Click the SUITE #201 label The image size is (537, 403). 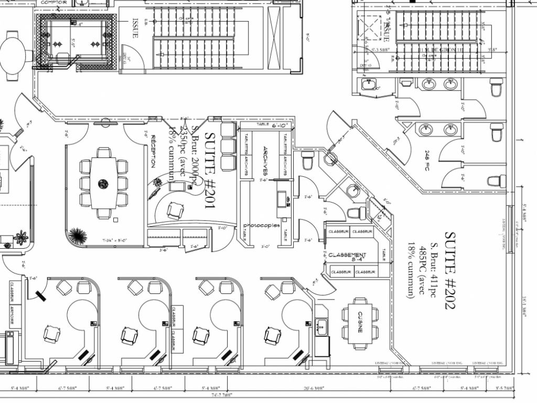pos(210,171)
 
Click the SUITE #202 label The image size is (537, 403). pos(450,270)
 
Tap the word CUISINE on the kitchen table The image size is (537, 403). pos(360,322)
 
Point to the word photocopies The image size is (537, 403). pos(261,226)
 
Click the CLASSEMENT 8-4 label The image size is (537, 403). pos(347,256)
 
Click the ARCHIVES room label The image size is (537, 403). pos(266,160)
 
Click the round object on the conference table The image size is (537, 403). pos(103,183)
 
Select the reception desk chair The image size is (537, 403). pos(175,211)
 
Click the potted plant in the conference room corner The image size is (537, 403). pos(77,236)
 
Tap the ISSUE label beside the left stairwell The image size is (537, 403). pos(135,29)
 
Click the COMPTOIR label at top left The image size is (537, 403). pos(53,2)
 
